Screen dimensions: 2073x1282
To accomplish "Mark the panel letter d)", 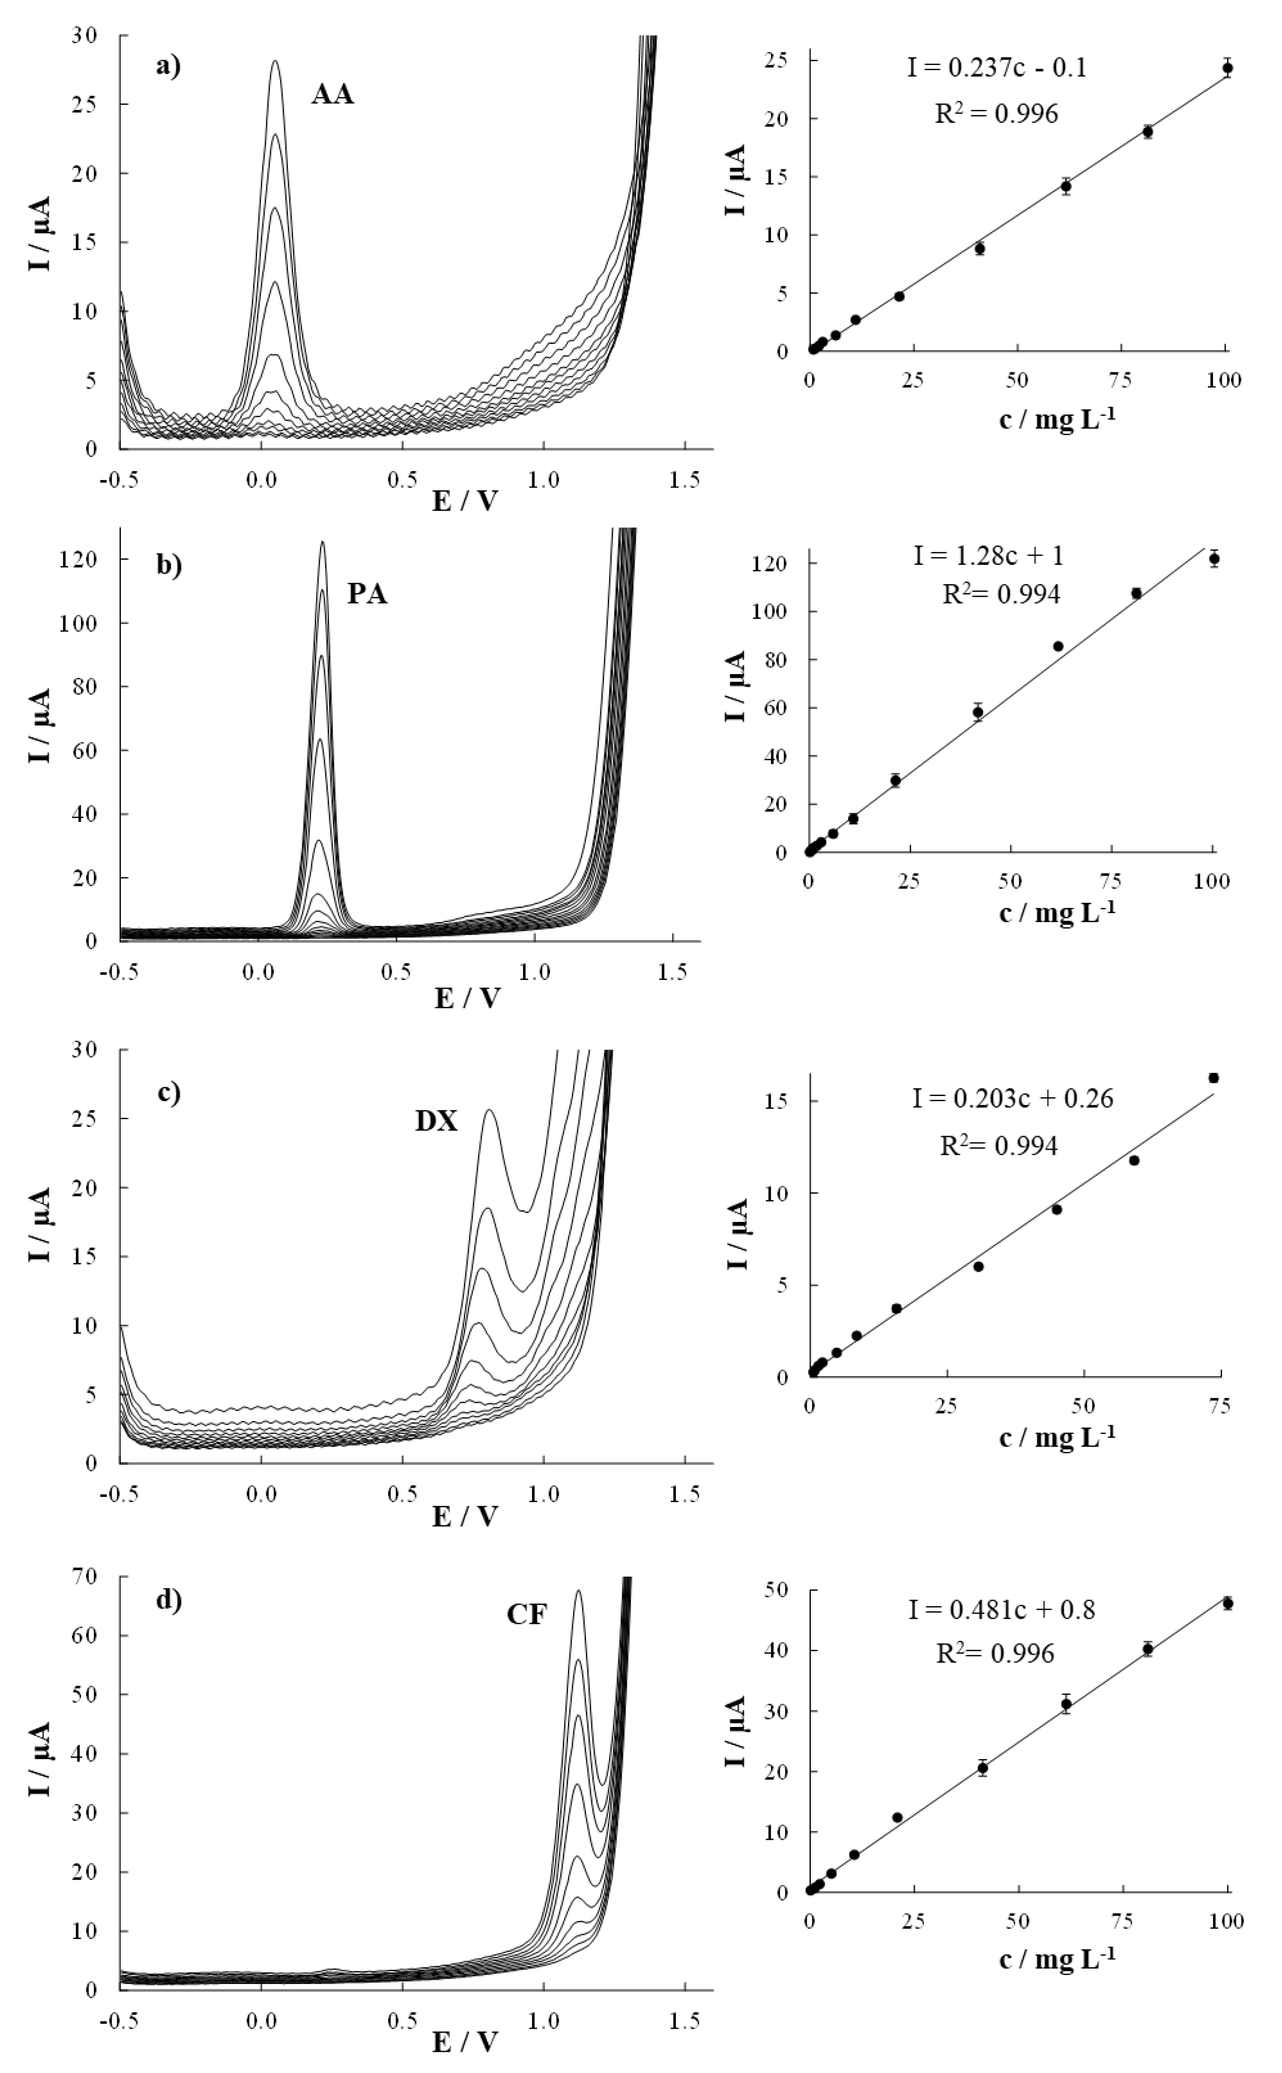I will click(x=169, y=1599).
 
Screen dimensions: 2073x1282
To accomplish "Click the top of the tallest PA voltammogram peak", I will click(x=322, y=542).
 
